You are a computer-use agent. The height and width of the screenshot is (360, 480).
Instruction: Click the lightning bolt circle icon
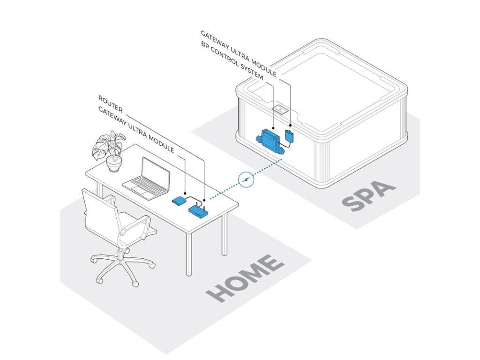246,180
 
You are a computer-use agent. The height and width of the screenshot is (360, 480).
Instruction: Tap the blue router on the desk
198,210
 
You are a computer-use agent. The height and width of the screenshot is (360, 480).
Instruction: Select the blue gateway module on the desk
179,201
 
